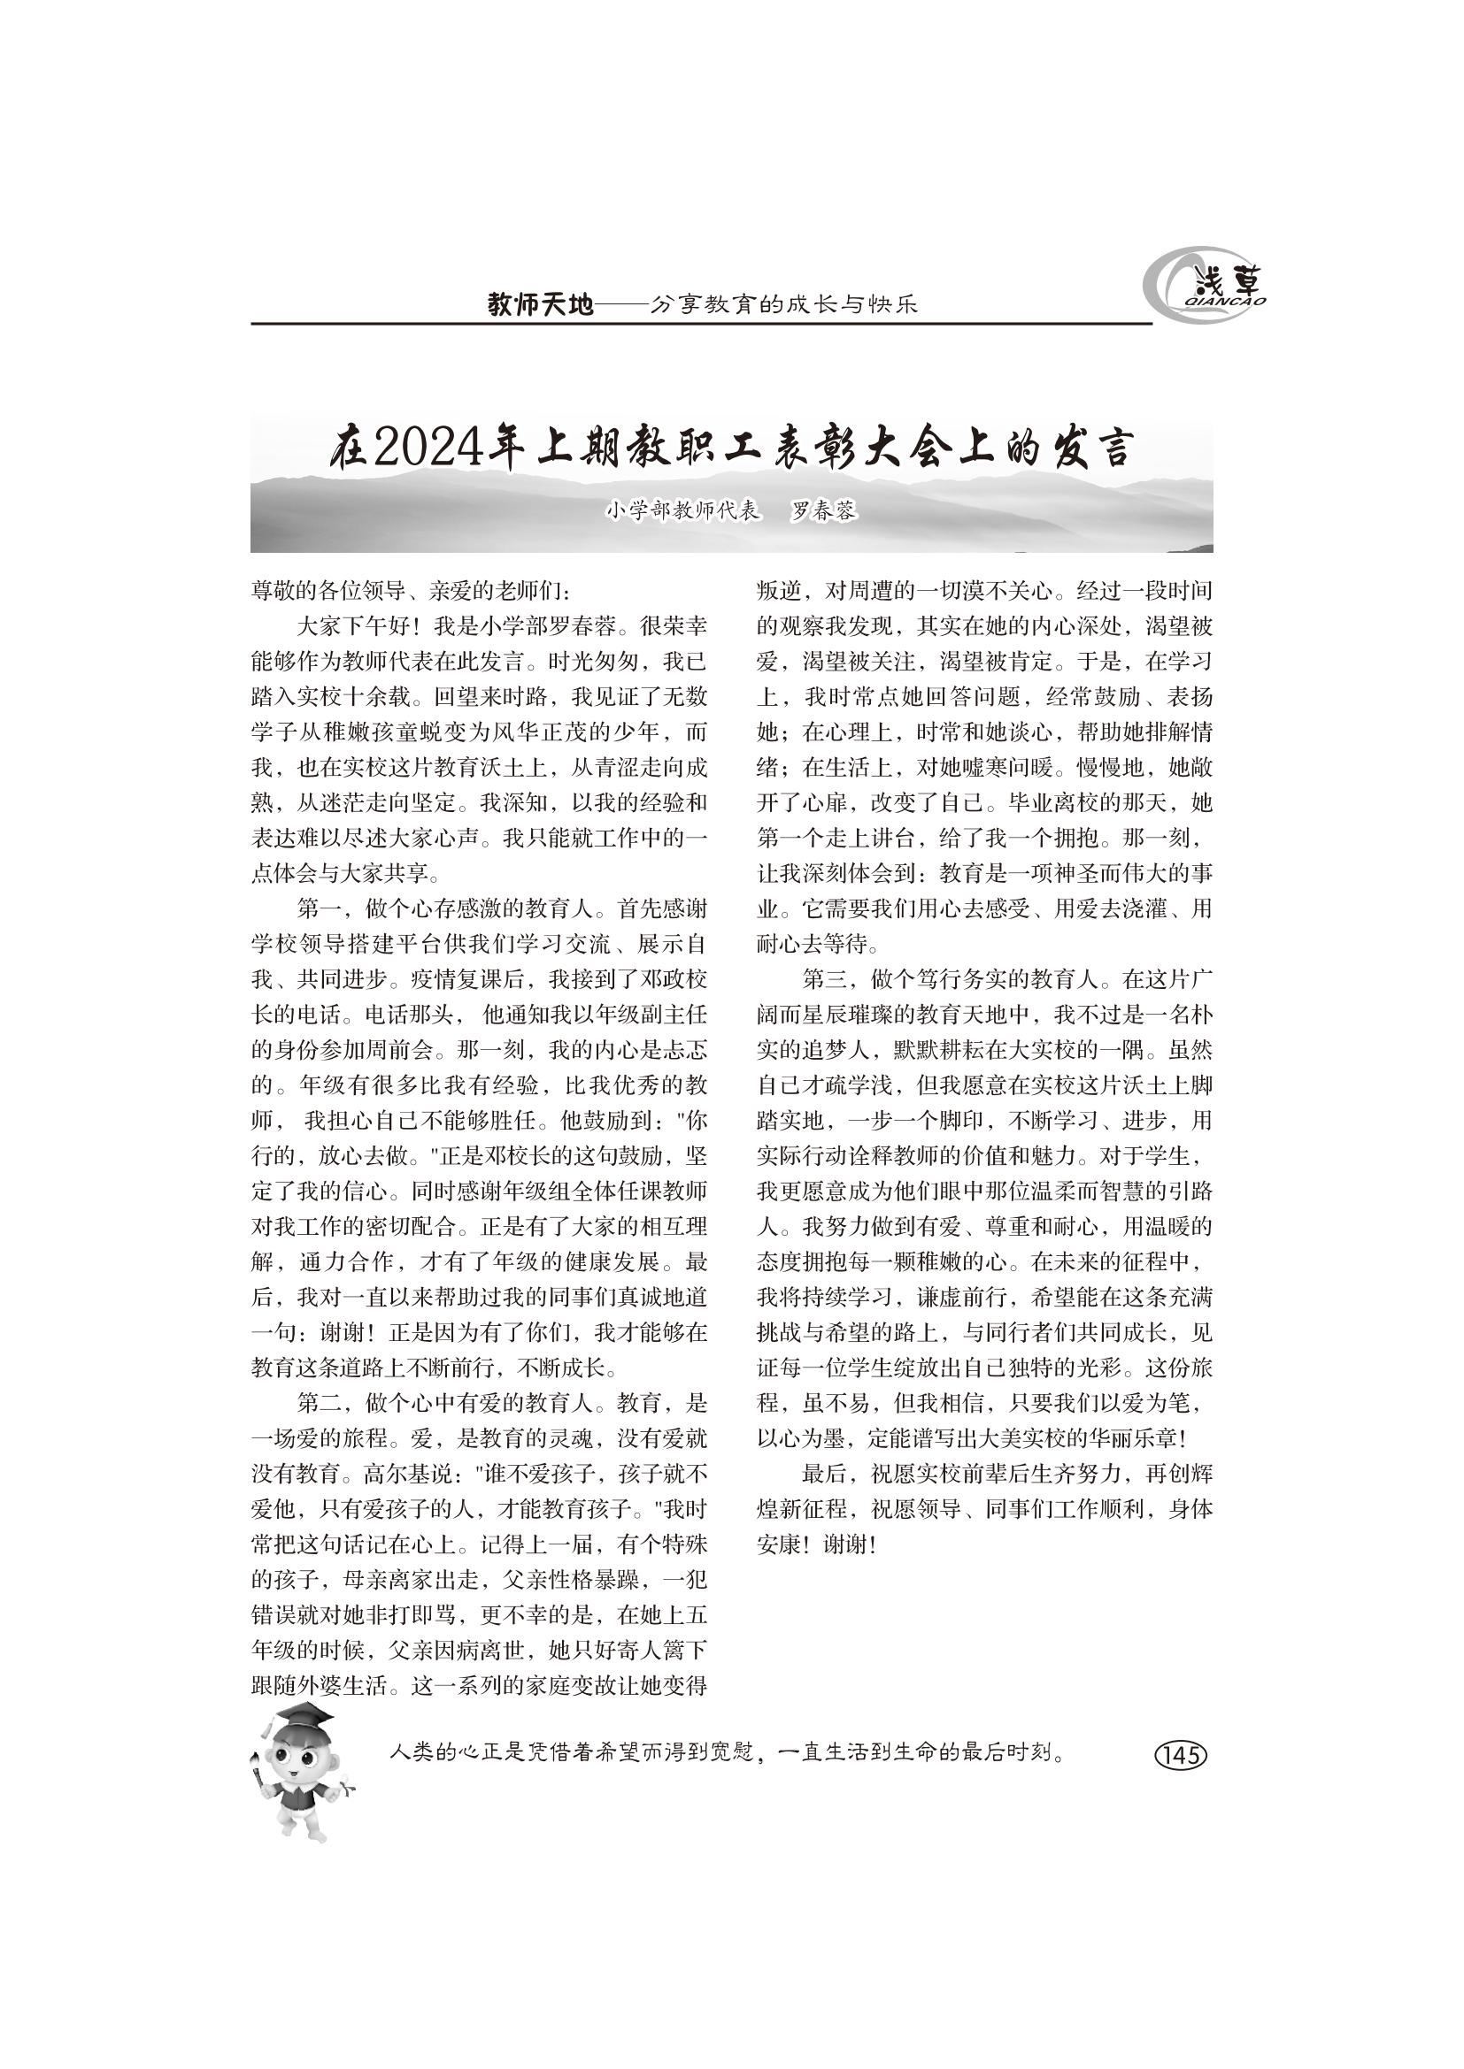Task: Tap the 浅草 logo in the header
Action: [x=1207, y=287]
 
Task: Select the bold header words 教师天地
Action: [x=540, y=305]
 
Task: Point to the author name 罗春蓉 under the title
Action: [x=823, y=511]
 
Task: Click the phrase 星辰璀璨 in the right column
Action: [x=859, y=1015]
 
